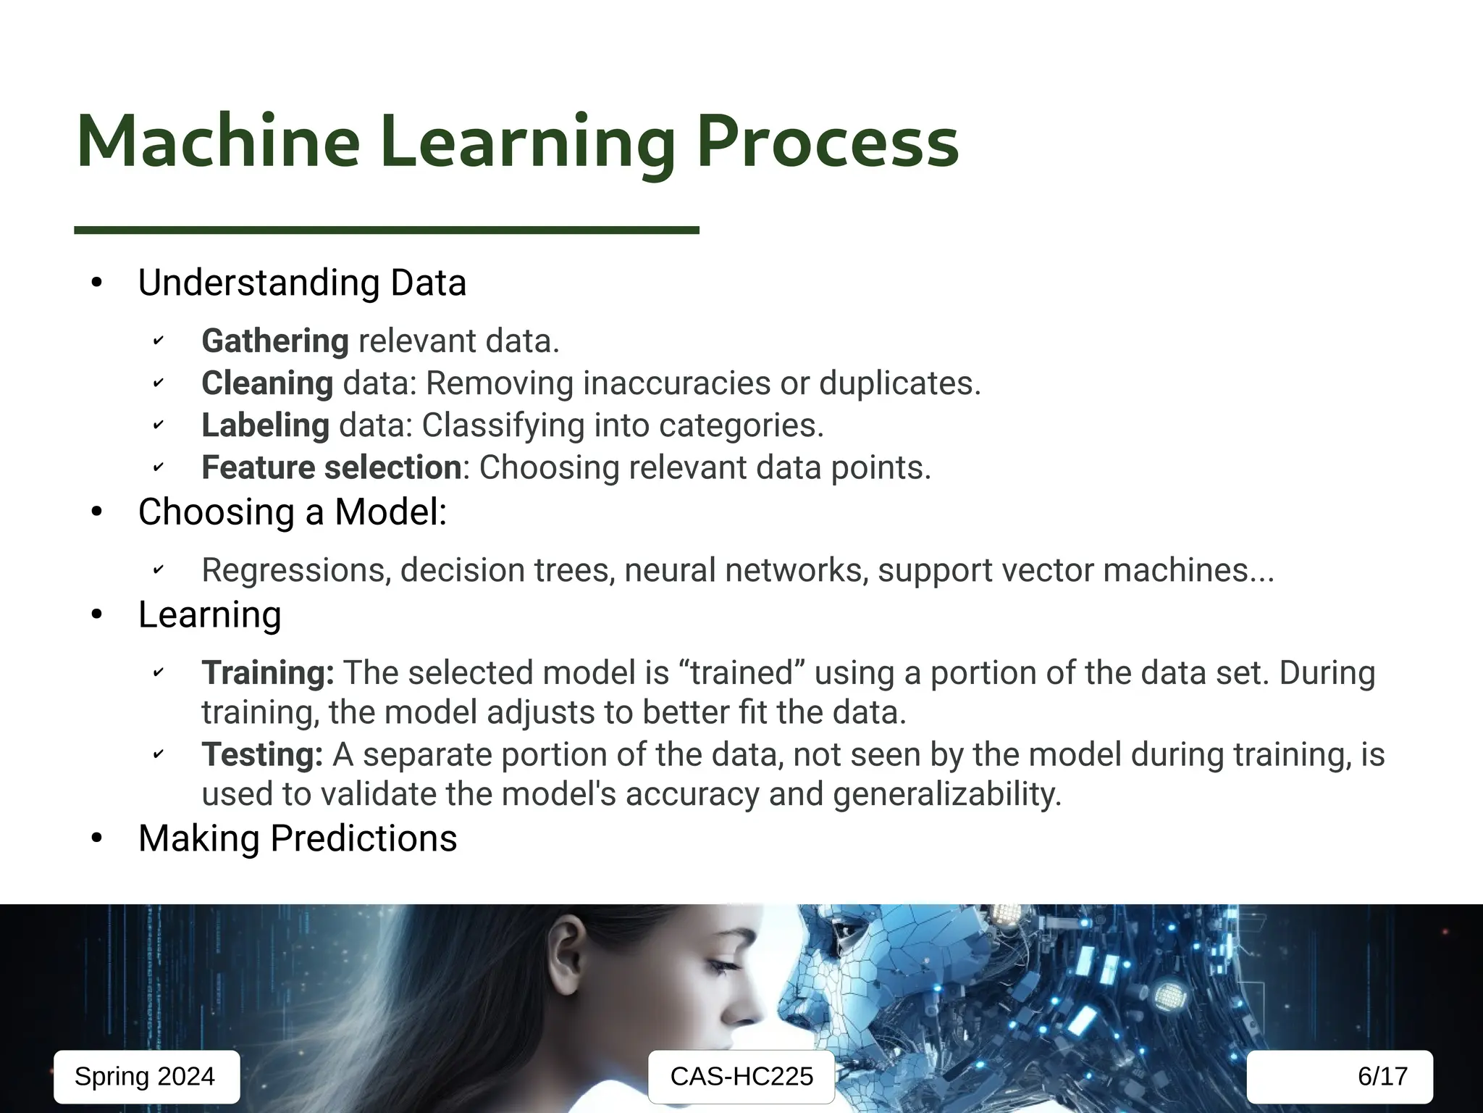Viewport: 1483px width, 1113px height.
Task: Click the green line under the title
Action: click(386, 230)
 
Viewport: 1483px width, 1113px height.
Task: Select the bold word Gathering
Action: click(275, 341)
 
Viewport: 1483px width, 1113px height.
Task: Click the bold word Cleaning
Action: click(267, 383)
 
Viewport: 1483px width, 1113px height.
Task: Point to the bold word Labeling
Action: click(265, 425)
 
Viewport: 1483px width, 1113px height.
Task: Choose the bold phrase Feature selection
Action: click(331, 467)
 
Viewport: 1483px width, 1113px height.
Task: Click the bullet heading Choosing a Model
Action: click(293, 512)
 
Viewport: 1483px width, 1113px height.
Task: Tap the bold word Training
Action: click(267, 673)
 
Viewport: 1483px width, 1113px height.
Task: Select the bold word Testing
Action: click(262, 755)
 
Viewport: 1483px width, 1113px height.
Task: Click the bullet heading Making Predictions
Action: click(298, 838)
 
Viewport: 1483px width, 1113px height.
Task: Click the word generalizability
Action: click(946, 794)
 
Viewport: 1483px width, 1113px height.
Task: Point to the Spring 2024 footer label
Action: click(146, 1077)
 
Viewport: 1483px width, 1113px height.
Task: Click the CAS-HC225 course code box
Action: click(741, 1077)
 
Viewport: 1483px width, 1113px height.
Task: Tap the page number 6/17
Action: click(1382, 1077)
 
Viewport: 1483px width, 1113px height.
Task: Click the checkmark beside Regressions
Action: click(159, 571)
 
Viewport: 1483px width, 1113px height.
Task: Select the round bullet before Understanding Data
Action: click(97, 283)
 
